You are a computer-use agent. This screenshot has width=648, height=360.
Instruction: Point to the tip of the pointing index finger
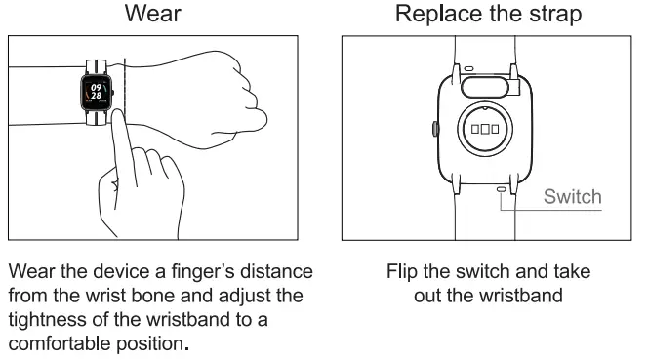pyautogui.click(x=118, y=115)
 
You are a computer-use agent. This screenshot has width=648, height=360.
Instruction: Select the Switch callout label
pyautogui.click(x=573, y=196)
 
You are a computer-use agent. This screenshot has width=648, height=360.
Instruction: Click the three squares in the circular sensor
pyautogui.click(x=485, y=129)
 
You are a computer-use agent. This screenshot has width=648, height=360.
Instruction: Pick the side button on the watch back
pyautogui.click(x=432, y=128)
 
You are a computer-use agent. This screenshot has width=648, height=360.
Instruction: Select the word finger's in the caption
pyautogui.click(x=198, y=271)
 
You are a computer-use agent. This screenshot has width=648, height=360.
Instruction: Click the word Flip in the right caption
pyautogui.click(x=402, y=271)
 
